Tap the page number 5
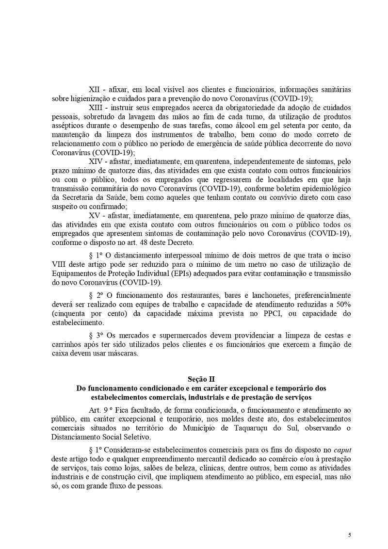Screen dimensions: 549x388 coord(349,534)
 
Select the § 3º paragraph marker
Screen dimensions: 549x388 coord(96,335)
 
